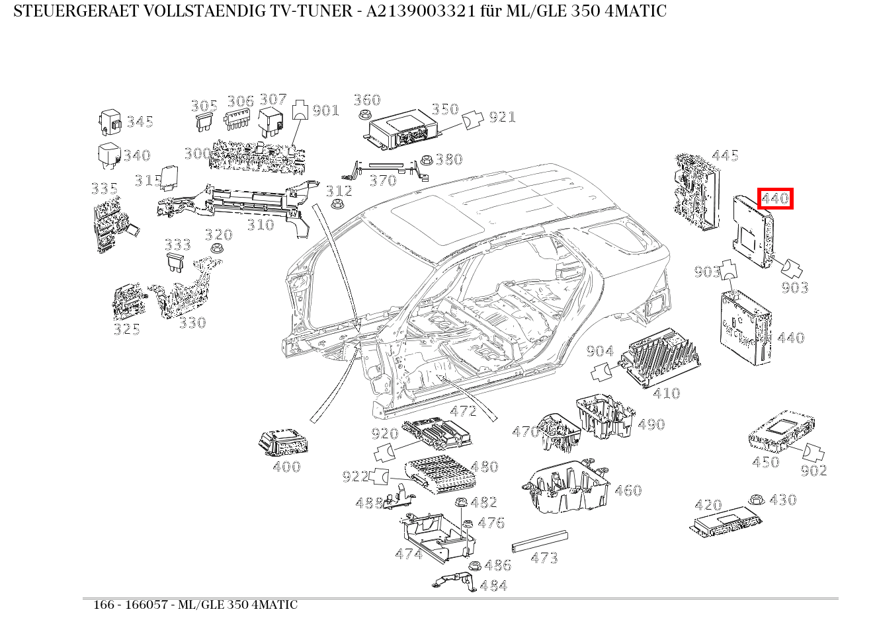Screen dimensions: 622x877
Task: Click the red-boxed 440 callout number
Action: coord(775,198)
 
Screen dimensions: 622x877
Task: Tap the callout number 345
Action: coord(140,122)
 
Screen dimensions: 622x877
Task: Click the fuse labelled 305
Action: coord(203,122)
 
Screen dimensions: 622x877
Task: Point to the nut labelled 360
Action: coord(363,115)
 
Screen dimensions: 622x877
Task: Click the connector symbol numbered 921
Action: coord(472,120)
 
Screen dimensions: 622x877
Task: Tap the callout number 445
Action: coord(725,156)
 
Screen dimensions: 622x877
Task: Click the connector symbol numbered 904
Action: coord(601,372)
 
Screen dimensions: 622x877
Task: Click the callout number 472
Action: coord(463,411)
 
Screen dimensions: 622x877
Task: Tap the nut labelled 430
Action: coord(754,500)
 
